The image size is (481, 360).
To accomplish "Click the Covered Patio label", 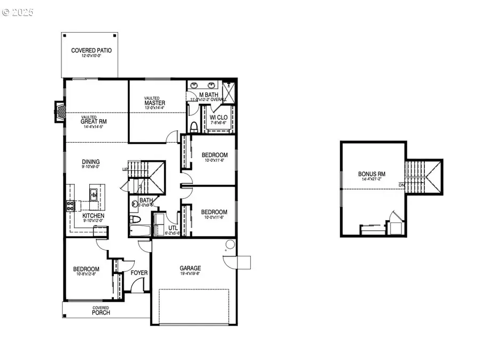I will (91, 51).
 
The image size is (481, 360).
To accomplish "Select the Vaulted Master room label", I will (154, 103).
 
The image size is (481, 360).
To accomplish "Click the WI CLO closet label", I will (219, 116).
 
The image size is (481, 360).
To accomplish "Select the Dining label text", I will (90, 162).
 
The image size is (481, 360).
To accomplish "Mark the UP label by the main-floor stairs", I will (125, 169).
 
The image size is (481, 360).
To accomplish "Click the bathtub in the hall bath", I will (140, 230).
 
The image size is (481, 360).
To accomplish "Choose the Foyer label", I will (139, 273).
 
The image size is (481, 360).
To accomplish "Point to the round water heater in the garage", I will (229, 245).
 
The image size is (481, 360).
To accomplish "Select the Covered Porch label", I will (100, 310).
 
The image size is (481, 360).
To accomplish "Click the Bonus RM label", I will (372, 174).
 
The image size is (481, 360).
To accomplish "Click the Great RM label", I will (94, 121).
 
